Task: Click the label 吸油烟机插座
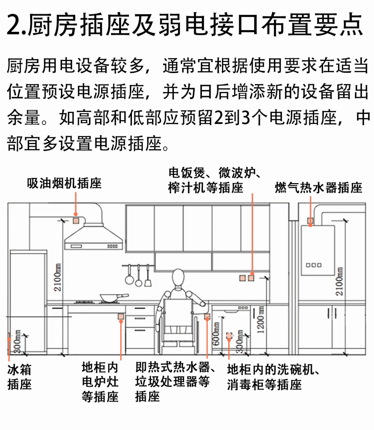tap(65, 183)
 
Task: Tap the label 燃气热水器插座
tap(318, 187)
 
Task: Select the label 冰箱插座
tap(19, 377)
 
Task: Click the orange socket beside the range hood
tap(76, 220)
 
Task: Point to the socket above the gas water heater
tap(310, 221)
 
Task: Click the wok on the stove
tap(109, 297)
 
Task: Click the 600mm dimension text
tap(216, 334)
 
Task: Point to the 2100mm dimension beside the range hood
tap(57, 277)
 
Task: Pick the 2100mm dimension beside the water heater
tap(339, 281)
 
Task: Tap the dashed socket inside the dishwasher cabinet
tap(229, 335)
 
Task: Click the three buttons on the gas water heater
tap(313, 265)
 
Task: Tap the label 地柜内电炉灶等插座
tap(99, 382)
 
